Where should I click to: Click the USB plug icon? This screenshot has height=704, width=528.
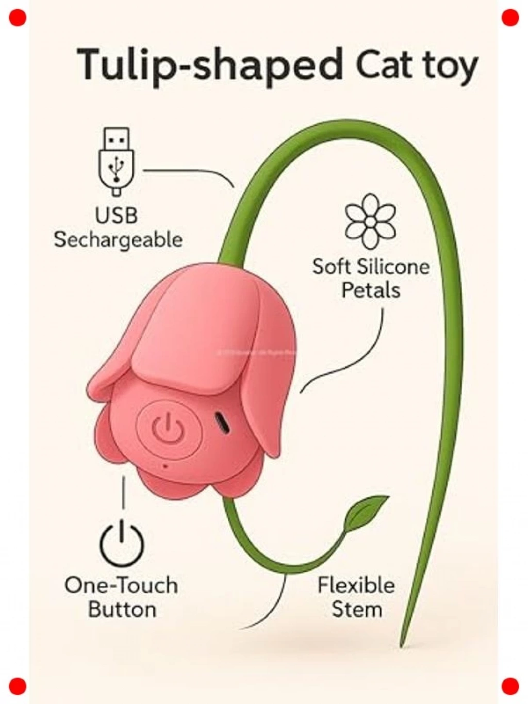[117, 161]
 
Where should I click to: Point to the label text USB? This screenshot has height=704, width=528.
[117, 215]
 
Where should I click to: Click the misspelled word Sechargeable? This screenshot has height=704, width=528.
[118, 240]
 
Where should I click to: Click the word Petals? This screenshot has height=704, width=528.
[371, 290]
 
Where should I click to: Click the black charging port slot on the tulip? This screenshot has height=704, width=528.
[223, 422]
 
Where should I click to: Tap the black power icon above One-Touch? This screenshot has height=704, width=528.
[122, 544]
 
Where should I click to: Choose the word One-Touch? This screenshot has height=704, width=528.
[121, 586]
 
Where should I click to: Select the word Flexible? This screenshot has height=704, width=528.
[356, 585]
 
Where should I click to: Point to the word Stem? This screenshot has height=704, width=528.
[356, 610]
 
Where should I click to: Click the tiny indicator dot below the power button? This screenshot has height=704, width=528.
[166, 466]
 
